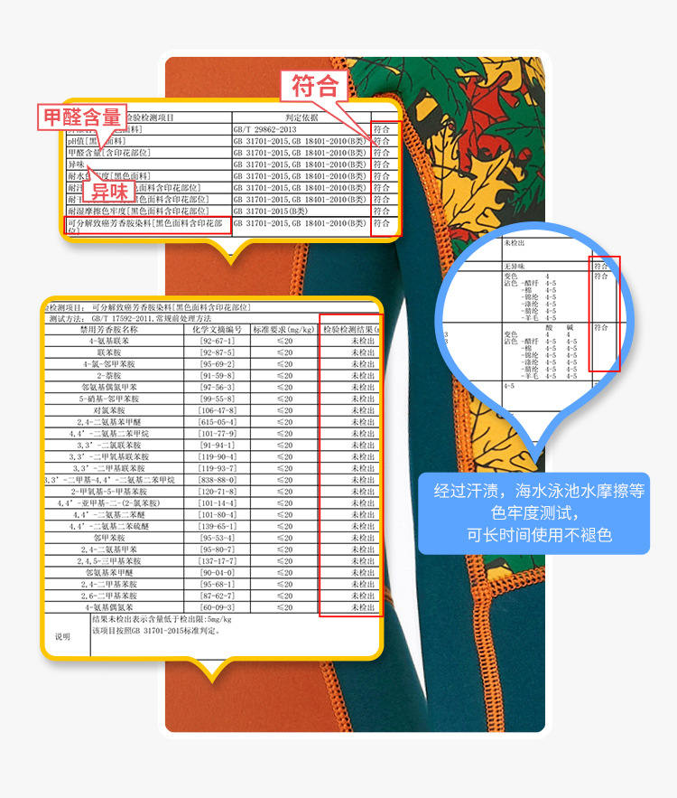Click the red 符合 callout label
click(x=314, y=87)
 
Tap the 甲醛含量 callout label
click(x=81, y=117)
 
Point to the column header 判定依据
click(x=301, y=117)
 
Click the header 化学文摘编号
click(x=217, y=330)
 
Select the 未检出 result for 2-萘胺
click(x=362, y=376)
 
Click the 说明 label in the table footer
click(x=62, y=636)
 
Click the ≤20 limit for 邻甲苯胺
click(x=284, y=537)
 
